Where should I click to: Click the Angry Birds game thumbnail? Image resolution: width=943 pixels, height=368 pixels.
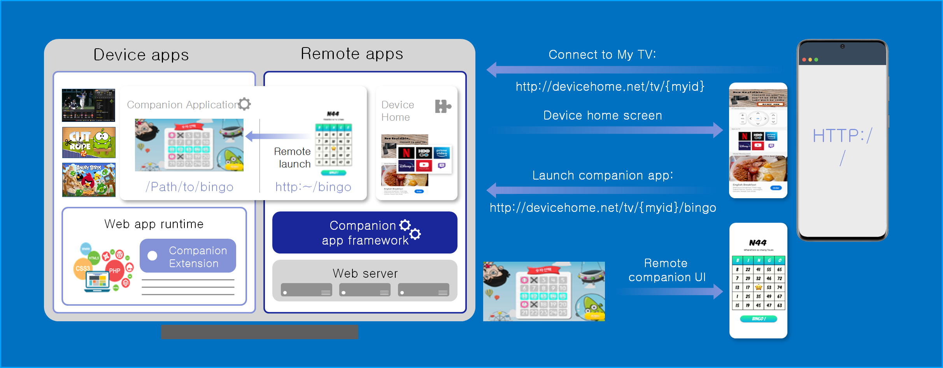(x=89, y=180)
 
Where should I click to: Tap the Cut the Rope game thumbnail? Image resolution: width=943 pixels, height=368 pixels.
(x=89, y=142)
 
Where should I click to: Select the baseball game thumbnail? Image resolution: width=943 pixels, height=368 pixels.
(x=89, y=105)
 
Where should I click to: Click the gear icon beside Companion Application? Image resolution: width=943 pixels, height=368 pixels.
(x=245, y=104)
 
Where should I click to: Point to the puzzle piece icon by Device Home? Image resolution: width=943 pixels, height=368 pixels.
(x=443, y=106)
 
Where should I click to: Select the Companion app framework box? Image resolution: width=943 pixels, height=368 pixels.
(x=365, y=232)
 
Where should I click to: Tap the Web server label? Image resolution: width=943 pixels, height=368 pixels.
(x=365, y=273)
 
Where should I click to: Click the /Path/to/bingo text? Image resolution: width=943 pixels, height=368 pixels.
(x=189, y=187)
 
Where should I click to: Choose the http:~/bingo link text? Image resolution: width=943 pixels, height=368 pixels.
(x=313, y=187)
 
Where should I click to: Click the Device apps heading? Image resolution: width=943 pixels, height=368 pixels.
(x=141, y=55)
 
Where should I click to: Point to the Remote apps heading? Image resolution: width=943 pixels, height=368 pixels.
(x=352, y=54)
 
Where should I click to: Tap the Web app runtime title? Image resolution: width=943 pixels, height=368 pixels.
(x=154, y=224)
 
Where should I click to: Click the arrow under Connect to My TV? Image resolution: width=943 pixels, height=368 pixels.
(x=603, y=70)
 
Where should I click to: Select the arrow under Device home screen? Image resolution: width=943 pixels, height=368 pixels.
(x=607, y=130)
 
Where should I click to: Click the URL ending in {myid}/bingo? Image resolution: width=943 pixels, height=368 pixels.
(x=603, y=208)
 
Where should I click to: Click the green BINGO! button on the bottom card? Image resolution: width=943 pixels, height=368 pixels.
(x=758, y=319)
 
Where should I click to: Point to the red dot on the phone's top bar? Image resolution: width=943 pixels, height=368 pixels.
(x=804, y=60)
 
